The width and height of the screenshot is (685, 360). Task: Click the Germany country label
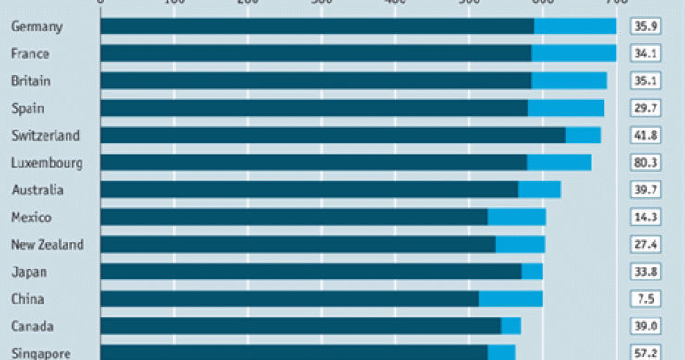pyautogui.click(x=37, y=26)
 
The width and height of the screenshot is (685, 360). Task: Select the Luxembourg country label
pyautogui.click(x=47, y=163)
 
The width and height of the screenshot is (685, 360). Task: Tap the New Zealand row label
pyautogui.click(x=47, y=244)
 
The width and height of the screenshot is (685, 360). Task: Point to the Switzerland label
pyautogui.click(x=45, y=135)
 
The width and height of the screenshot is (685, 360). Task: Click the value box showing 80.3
pyautogui.click(x=645, y=163)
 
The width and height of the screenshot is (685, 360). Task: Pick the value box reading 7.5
pyautogui.click(x=645, y=299)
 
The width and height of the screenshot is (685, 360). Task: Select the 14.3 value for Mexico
pyautogui.click(x=645, y=217)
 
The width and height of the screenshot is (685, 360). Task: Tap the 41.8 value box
pyautogui.click(x=645, y=135)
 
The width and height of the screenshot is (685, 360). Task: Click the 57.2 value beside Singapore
pyautogui.click(x=645, y=354)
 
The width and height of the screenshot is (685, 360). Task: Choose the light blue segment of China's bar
pyautogui.click(x=511, y=299)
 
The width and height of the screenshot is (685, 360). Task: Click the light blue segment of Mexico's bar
pyautogui.click(x=517, y=217)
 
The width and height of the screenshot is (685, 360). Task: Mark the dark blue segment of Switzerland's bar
pyautogui.click(x=333, y=135)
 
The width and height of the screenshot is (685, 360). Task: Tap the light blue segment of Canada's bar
pyautogui.click(x=511, y=326)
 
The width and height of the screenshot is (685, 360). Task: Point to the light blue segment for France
pyautogui.click(x=574, y=54)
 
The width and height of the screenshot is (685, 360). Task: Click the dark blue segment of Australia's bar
pyautogui.click(x=309, y=191)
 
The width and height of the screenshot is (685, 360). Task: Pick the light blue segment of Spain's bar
pyautogui.click(x=566, y=108)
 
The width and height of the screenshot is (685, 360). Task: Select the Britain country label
pyautogui.click(x=31, y=81)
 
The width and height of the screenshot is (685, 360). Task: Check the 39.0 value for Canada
pyautogui.click(x=645, y=326)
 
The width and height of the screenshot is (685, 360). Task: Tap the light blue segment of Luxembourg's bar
pyautogui.click(x=558, y=163)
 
